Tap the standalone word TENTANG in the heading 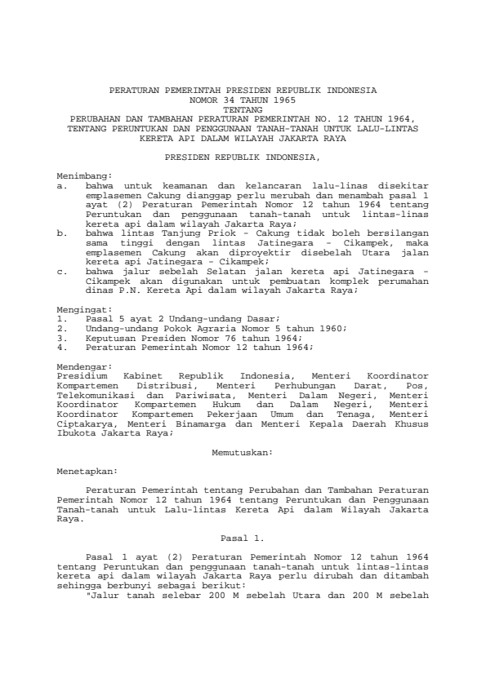click(243, 108)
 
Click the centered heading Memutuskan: click(243, 450)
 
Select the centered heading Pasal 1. click(243, 538)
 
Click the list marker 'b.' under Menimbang click(62, 232)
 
